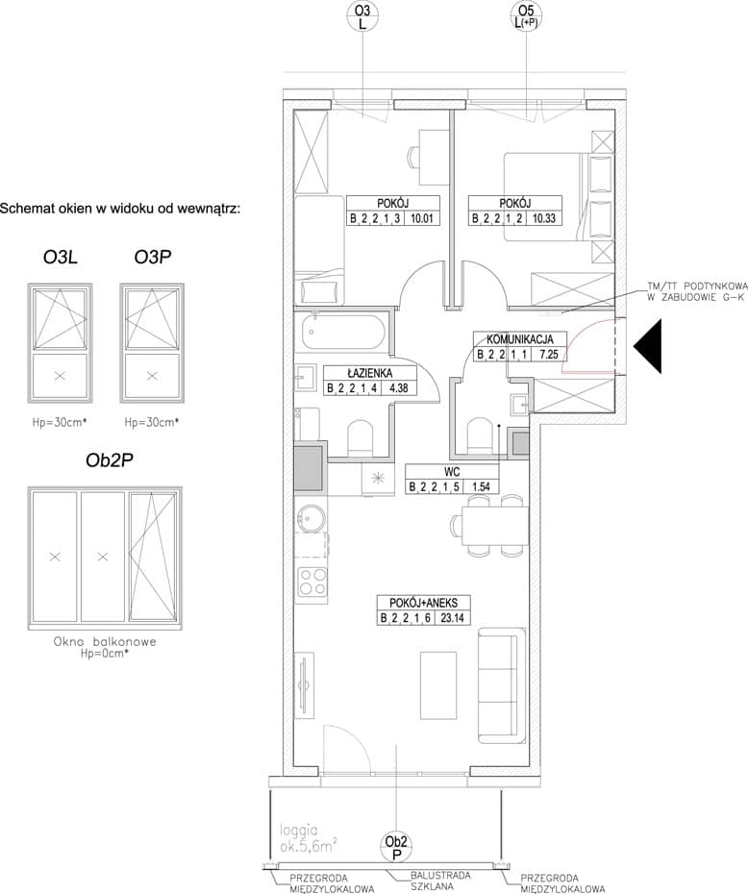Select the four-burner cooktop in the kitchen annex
(x=313, y=583)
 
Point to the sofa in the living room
(x=501, y=686)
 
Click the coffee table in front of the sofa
(x=438, y=686)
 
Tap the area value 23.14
(x=452, y=617)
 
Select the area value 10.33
(x=544, y=218)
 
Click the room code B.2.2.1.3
(x=377, y=218)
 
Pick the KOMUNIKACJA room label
(x=520, y=339)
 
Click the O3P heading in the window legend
(x=152, y=258)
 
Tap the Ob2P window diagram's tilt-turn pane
(x=153, y=556)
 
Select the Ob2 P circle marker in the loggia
(x=396, y=848)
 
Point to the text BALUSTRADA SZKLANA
(x=440, y=881)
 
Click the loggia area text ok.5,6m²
(x=308, y=847)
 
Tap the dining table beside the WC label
(x=495, y=526)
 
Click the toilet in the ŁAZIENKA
(x=360, y=437)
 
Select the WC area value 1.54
(x=477, y=487)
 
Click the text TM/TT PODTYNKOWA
(x=697, y=286)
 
